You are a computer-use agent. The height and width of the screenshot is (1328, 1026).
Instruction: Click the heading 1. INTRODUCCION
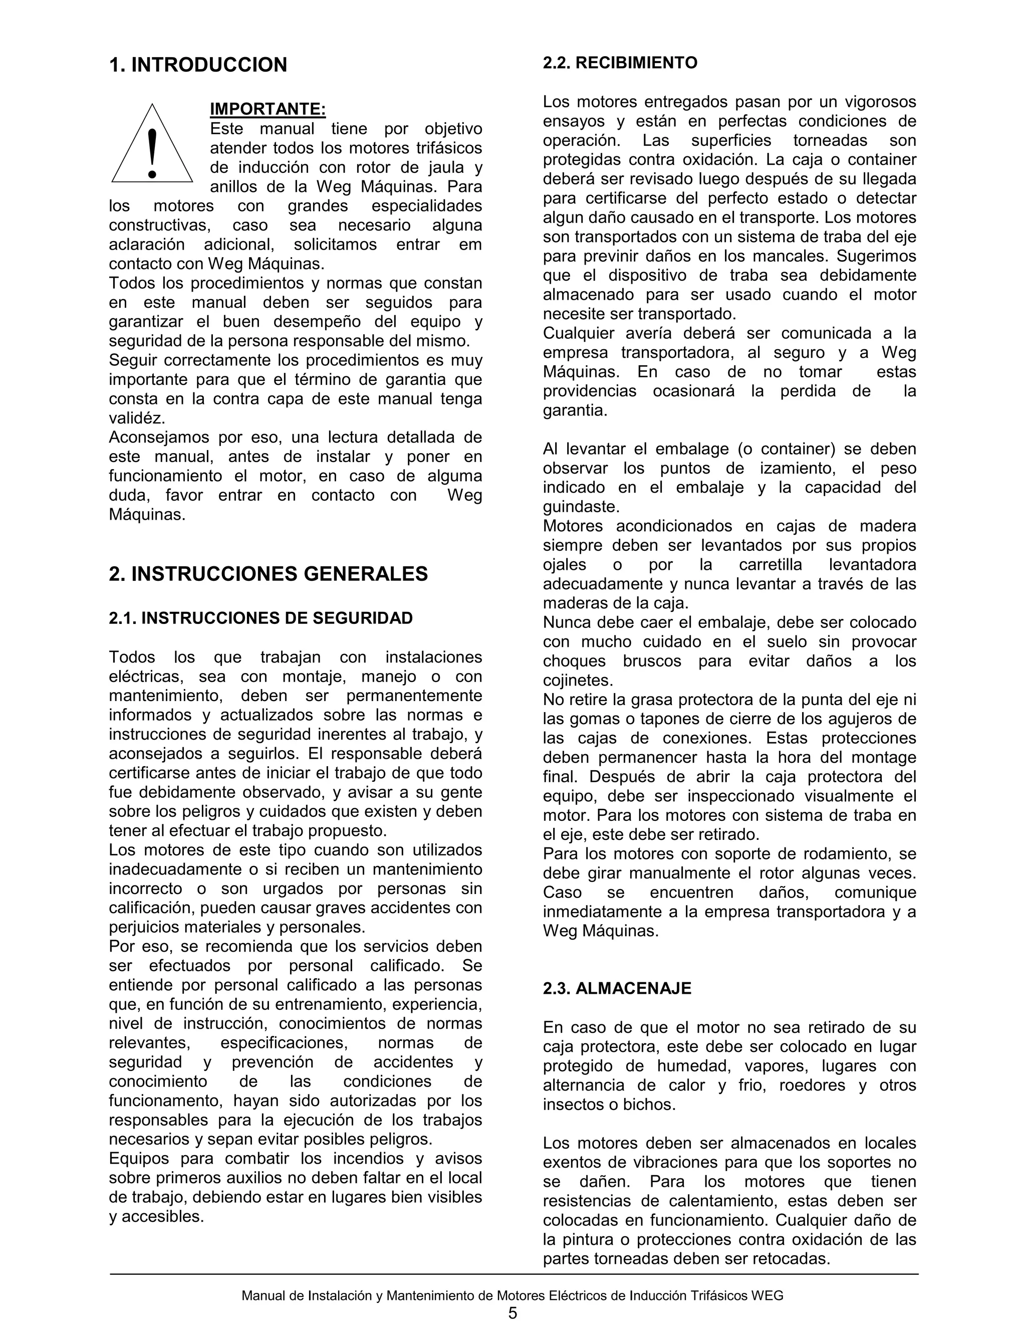[197, 65]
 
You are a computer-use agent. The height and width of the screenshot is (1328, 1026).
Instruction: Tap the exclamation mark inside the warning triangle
[152, 152]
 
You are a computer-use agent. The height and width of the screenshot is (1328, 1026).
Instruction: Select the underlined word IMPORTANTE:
[268, 109]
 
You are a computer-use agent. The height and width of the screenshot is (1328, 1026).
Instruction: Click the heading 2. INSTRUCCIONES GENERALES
[268, 573]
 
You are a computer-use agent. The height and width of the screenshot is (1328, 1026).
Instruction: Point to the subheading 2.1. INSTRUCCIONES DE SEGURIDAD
[261, 618]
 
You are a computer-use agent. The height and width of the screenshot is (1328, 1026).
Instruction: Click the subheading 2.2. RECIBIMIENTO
[620, 63]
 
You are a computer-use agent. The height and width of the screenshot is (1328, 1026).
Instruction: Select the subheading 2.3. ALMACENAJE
[617, 989]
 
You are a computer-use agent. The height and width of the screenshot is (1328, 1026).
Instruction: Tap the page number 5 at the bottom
[512, 1313]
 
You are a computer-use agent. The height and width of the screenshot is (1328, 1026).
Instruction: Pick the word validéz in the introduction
[137, 418]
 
